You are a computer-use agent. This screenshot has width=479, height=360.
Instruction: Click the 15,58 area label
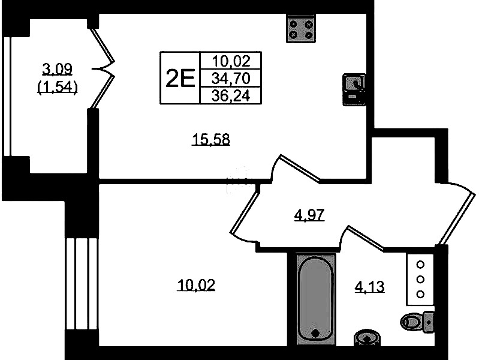[211, 139]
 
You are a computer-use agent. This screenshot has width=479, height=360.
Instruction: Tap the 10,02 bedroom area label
[196, 285]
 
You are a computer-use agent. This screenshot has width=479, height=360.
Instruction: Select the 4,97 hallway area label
[309, 215]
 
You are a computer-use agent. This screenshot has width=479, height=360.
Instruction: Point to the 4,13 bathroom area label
[369, 287]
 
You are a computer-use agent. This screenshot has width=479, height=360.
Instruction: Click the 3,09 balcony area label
[58, 69]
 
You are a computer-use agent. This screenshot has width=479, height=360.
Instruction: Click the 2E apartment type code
[180, 78]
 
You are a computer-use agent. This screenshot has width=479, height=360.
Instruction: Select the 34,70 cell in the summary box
[231, 79]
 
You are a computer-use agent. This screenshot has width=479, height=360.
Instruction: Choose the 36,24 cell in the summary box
[231, 96]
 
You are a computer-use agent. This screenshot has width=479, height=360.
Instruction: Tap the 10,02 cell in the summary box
[231, 61]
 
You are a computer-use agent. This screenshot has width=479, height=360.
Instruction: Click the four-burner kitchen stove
[301, 28]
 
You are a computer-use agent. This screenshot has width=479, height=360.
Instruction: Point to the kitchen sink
[354, 89]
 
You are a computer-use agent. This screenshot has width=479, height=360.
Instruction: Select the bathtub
[316, 300]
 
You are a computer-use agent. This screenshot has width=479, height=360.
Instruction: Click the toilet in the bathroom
[417, 322]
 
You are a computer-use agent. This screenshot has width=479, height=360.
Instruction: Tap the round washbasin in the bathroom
[367, 338]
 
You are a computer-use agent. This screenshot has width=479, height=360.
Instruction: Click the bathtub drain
[316, 333]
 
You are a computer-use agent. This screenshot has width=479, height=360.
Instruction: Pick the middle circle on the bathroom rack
[420, 279]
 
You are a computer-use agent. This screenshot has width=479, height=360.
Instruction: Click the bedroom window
[82, 284]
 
